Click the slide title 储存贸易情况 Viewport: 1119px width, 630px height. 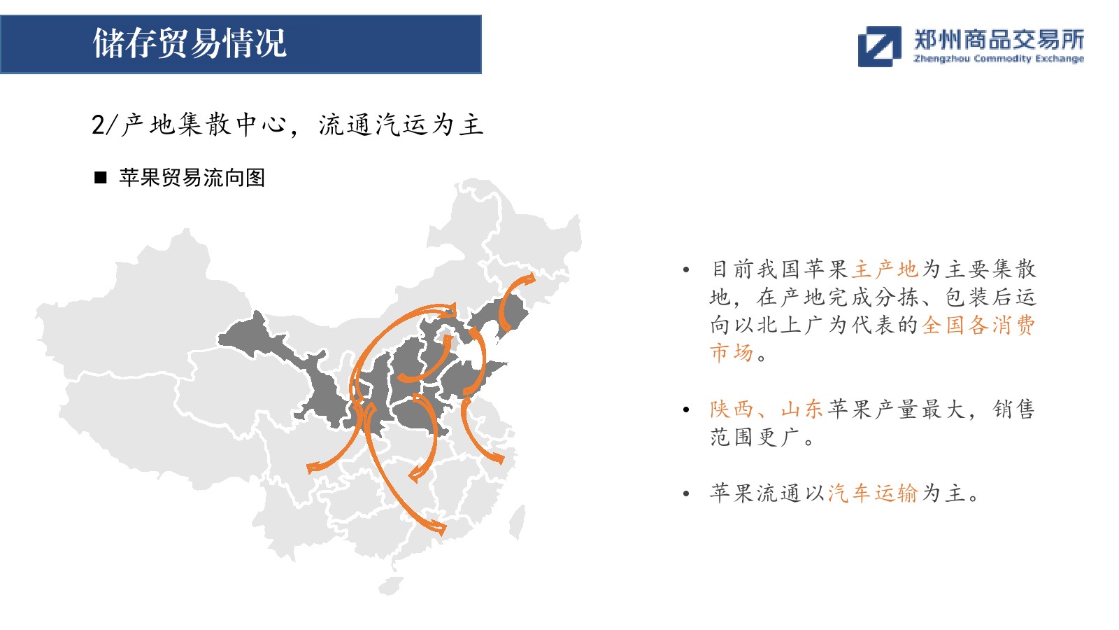(x=190, y=43)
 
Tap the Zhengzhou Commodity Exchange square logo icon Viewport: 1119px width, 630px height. (x=879, y=46)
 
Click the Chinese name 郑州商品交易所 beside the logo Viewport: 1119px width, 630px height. (x=999, y=39)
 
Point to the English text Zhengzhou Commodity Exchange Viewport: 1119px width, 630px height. (x=999, y=59)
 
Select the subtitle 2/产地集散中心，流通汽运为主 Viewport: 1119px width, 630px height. (x=287, y=125)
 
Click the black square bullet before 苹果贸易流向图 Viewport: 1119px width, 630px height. (x=101, y=178)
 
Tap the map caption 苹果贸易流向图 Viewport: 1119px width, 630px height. (x=192, y=178)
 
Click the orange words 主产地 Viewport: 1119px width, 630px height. (x=885, y=269)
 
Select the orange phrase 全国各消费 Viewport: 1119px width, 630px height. (x=978, y=325)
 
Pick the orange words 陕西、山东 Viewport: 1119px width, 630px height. (x=766, y=409)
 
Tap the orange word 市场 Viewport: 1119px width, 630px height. (x=732, y=353)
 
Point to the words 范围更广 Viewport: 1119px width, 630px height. (x=754, y=437)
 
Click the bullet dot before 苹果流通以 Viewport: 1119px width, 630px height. (x=686, y=494)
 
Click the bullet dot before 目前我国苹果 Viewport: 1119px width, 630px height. (x=686, y=270)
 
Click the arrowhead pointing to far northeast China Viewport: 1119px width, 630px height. (x=529, y=279)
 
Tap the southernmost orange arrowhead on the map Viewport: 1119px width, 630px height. (x=437, y=528)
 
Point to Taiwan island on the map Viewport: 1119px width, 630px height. (x=518, y=521)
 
